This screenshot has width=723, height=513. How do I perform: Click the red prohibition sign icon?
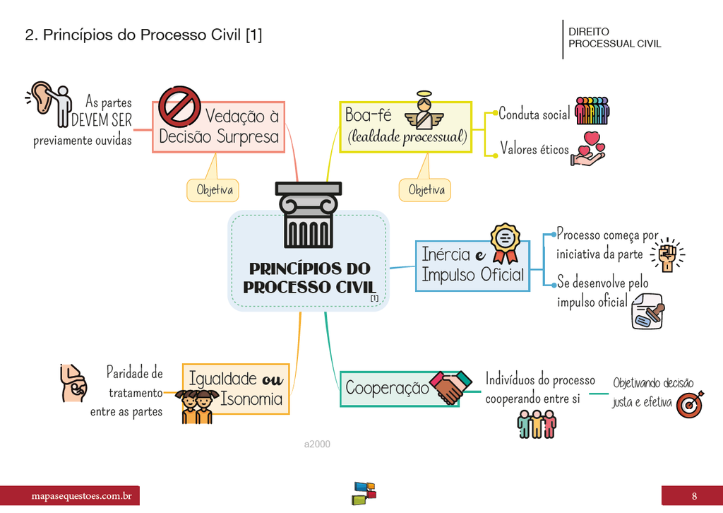pyautogui.click(x=179, y=107)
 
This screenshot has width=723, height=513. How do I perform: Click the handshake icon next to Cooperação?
pyautogui.click(x=450, y=387)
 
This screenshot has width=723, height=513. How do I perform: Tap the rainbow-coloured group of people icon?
pyautogui.click(x=592, y=111)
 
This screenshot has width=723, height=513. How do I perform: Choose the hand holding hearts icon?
pyautogui.click(x=589, y=149)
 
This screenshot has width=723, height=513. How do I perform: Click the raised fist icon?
pyautogui.click(x=667, y=254)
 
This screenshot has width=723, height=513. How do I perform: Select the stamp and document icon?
pyautogui.click(x=648, y=312)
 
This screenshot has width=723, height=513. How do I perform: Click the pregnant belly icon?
pyautogui.click(x=73, y=384)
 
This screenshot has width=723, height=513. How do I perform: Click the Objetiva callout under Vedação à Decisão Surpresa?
pyautogui.click(x=213, y=189)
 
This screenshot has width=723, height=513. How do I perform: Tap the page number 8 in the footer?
pyautogui.click(x=693, y=495)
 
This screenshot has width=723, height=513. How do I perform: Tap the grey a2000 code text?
pyautogui.click(x=317, y=444)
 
